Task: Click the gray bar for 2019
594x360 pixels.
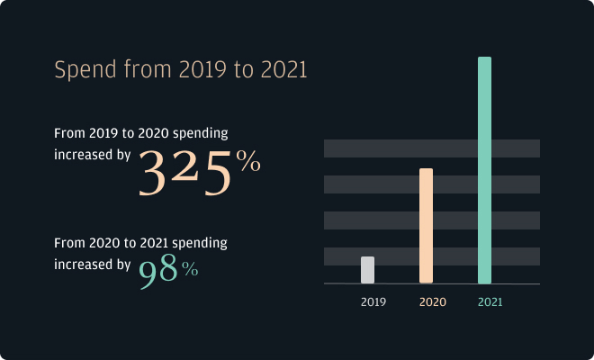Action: [x=367, y=270]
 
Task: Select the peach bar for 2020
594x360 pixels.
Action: [x=426, y=225]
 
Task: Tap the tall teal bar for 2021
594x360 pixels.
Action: [x=484, y=171]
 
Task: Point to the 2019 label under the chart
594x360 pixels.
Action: [x=373, y=302]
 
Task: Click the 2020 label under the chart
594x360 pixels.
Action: [x=432, y=302]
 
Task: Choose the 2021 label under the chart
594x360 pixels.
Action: [x=490, y=302]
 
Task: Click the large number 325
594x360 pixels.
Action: [x=185, y=174]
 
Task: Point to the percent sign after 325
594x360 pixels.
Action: [x=247, y=162]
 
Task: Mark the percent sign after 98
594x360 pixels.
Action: [x=189, y=268]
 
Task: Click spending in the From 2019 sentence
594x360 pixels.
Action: [x=199, y=132]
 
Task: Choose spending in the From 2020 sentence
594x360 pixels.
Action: [x=199, y=243]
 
